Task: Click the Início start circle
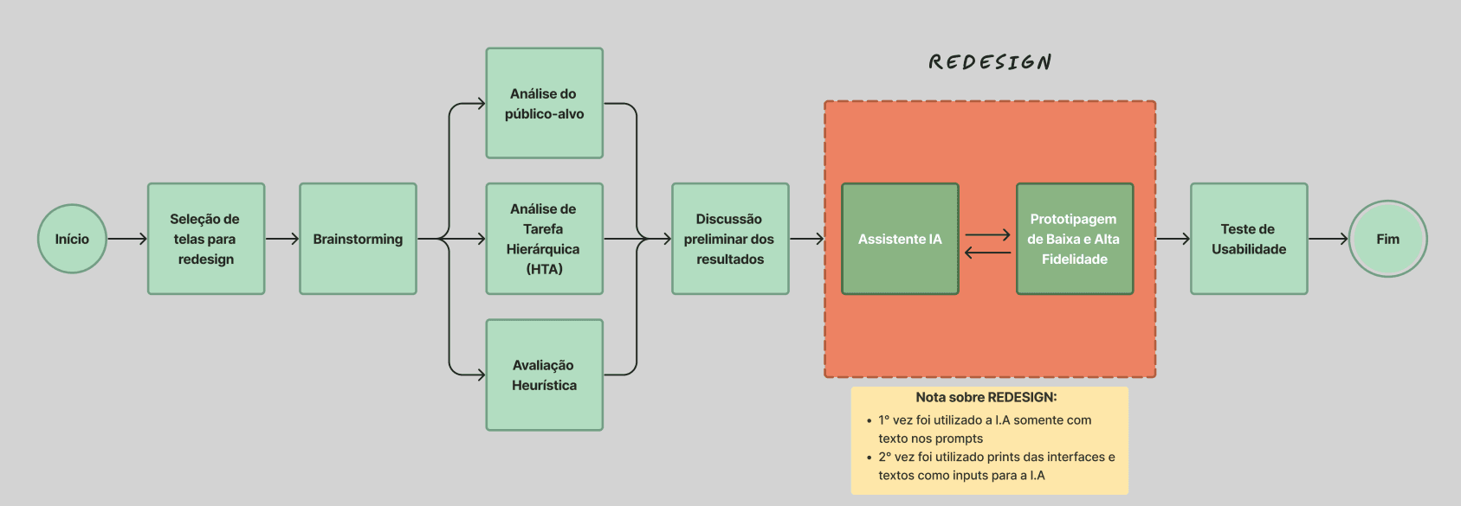tap(72, 239)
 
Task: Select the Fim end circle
tap(1387, 239)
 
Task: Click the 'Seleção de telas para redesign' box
tap(206, 239)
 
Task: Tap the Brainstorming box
tap(358, 239)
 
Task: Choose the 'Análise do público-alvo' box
tap(544, 103)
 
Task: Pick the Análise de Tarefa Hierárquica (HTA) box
tap(544, 239)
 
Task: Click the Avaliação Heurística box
tap(544, 375)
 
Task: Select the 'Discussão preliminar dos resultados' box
tap(730, 239)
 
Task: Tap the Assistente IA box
tap(900, 239)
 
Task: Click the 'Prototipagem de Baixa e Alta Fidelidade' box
tap(1074, 239)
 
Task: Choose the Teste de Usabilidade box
tap(1248, 239)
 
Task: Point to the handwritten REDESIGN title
tap(990, 62)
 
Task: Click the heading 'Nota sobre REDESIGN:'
tap(986, 397)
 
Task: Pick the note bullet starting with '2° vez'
tap(996, 465)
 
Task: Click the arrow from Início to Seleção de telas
tap(127, 239)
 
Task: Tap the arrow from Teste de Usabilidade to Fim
tap(1328, 239)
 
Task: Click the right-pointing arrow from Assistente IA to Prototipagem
tap(987, 234)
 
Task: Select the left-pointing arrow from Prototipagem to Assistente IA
tap(987, 253)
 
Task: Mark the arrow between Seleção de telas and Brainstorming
tap(281, 239)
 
